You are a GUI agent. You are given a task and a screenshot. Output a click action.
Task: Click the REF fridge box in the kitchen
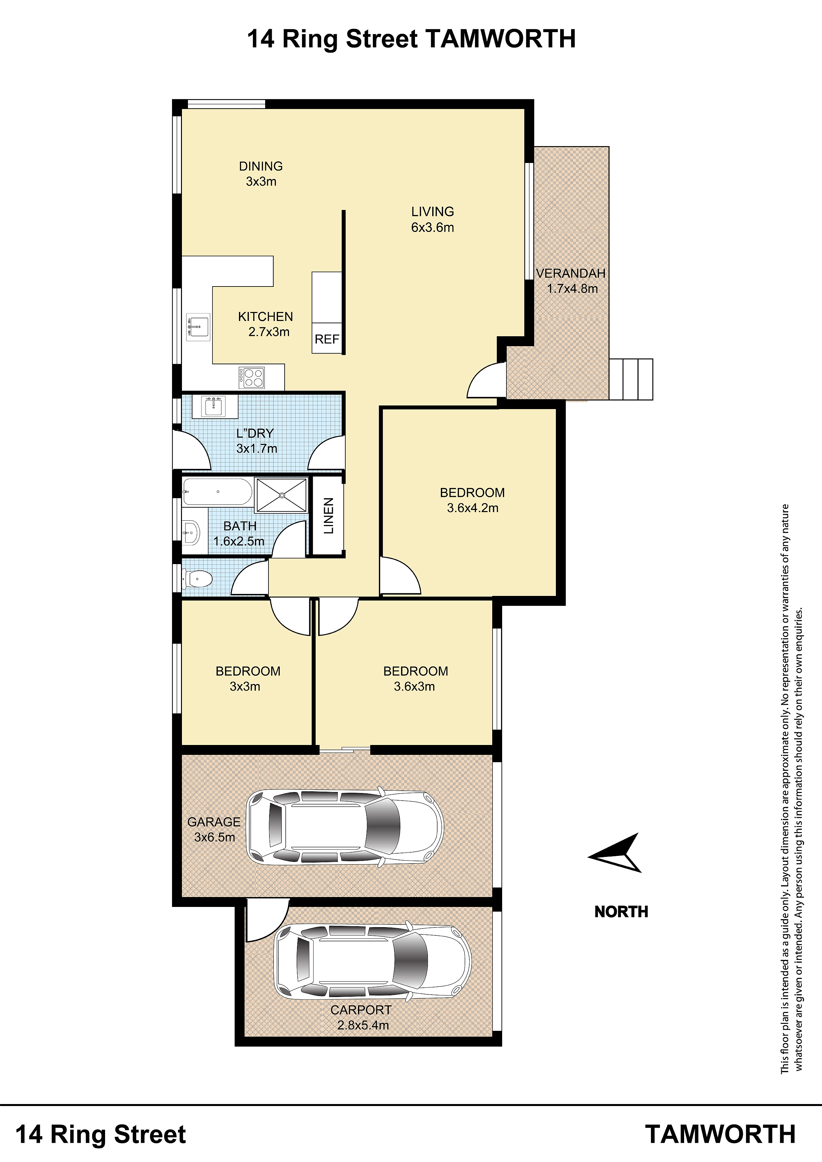(327, 338)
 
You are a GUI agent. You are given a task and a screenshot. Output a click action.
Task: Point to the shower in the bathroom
(282, 495)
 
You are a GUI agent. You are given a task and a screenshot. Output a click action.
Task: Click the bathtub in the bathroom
(217, 492)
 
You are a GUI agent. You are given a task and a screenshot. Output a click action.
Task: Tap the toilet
(198, 578)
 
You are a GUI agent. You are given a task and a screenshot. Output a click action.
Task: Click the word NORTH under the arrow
(621, 912)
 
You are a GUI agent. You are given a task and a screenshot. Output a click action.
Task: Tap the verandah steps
(631, 379)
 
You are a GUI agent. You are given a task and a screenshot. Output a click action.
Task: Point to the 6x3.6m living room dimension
(433, 227)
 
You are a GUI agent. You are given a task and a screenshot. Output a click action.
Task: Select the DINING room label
(261, 166)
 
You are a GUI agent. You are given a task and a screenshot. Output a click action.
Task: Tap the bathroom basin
(192, 532)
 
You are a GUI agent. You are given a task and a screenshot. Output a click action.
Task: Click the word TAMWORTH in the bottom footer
(720, 1135)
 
